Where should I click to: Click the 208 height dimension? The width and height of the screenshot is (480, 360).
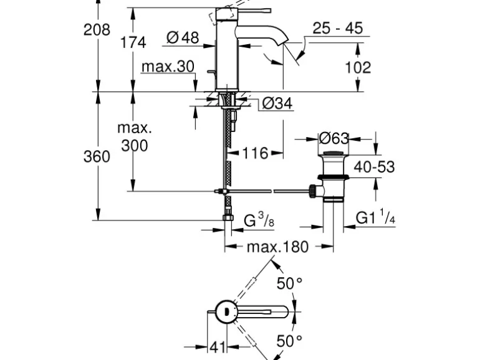(x=97, y=29)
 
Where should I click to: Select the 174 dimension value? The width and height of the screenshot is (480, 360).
(x=133, y=42)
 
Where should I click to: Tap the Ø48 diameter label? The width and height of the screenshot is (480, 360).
(x=183, y=38)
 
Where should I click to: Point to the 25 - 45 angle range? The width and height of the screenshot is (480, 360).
(x=337, y=29)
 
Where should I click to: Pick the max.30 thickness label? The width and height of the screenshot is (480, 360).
(x=168, y=67)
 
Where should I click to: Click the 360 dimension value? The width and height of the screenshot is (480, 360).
(x=97, y=156)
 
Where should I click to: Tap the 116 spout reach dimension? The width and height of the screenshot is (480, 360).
(x=254, y=153)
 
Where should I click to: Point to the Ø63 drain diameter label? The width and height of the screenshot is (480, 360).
(x=334, y=138)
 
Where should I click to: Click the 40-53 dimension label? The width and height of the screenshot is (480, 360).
(x=374, y=167)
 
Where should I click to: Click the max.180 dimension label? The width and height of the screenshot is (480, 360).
(x=277, y=247)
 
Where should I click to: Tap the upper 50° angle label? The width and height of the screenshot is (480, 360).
(x=289, y=284)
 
